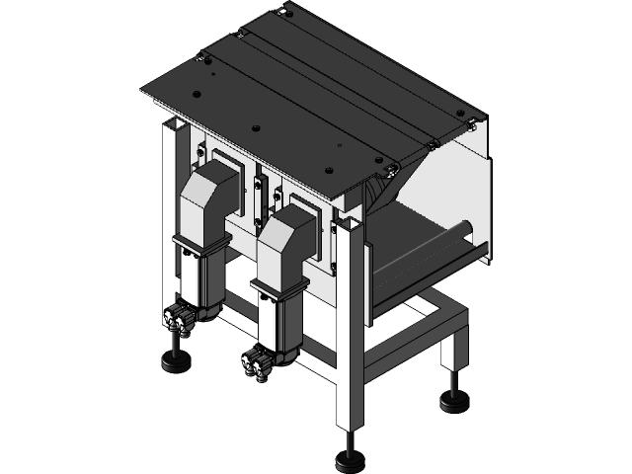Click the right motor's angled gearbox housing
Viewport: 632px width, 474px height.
(289, 237)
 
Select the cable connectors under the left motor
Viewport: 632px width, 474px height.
(180, 318)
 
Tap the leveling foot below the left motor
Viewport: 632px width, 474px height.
(177, 364)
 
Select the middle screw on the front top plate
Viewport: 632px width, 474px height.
(257, 129)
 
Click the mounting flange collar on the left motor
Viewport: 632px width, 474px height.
(199, 247)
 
